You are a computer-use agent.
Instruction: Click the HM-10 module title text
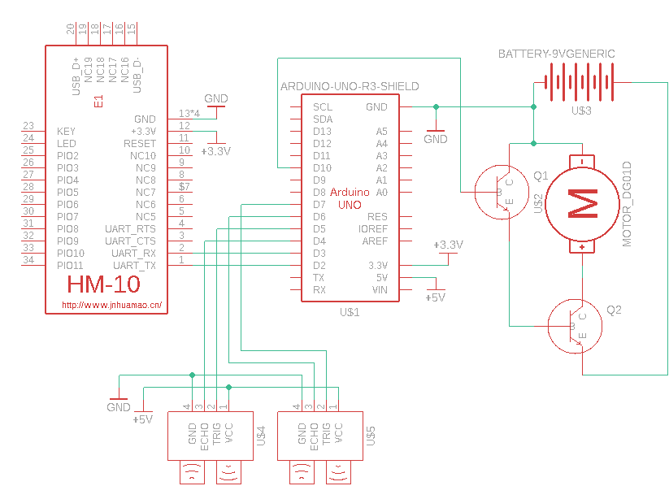(x=103, y=285)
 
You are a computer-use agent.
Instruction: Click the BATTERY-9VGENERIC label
(x=556, y=54)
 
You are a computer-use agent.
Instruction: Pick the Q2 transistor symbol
(x=575, y=326)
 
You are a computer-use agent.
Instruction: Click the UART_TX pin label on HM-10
(x=134, y=266)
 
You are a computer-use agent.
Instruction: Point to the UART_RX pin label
(x=134, y=254)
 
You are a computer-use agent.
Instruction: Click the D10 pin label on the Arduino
(x=322, y=167)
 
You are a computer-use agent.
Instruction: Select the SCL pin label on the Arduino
(x=323, y=106)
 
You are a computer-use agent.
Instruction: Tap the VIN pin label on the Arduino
(x=379, y=290)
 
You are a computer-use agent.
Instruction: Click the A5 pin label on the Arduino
(x=381, y=131)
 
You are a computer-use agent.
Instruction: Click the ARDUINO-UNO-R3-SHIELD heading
(x=349, y=86)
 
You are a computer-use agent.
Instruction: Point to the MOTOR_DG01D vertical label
(x=627, y=204)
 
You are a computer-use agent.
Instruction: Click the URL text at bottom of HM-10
(x=111, y=306)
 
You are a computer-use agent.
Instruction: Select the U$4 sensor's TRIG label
(x=216, y=436)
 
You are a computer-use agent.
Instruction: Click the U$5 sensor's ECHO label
(x=315, y=436)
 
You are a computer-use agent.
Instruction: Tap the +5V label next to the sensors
(x=142, y=419)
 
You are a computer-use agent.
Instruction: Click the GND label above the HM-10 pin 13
(x=216, y=98)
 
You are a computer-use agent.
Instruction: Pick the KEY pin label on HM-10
(x=67, y=131)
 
